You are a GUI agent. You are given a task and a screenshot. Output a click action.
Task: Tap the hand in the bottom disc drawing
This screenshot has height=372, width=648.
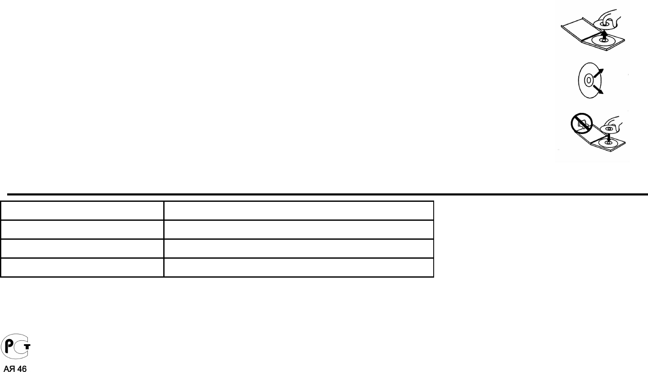point(618,123)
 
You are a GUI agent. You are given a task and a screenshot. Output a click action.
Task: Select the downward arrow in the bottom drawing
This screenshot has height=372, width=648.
point(607,136)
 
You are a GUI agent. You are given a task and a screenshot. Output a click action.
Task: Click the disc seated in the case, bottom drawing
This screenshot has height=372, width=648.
point(608,143)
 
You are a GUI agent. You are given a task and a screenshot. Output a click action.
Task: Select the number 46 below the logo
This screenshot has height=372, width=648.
point(22,369)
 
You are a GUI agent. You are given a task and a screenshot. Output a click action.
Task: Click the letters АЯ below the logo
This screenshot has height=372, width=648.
point(9,369)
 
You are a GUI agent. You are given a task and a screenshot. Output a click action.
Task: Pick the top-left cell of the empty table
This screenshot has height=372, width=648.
point(82,210)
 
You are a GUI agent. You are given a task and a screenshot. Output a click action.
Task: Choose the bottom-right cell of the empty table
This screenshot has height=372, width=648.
point(298,268)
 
